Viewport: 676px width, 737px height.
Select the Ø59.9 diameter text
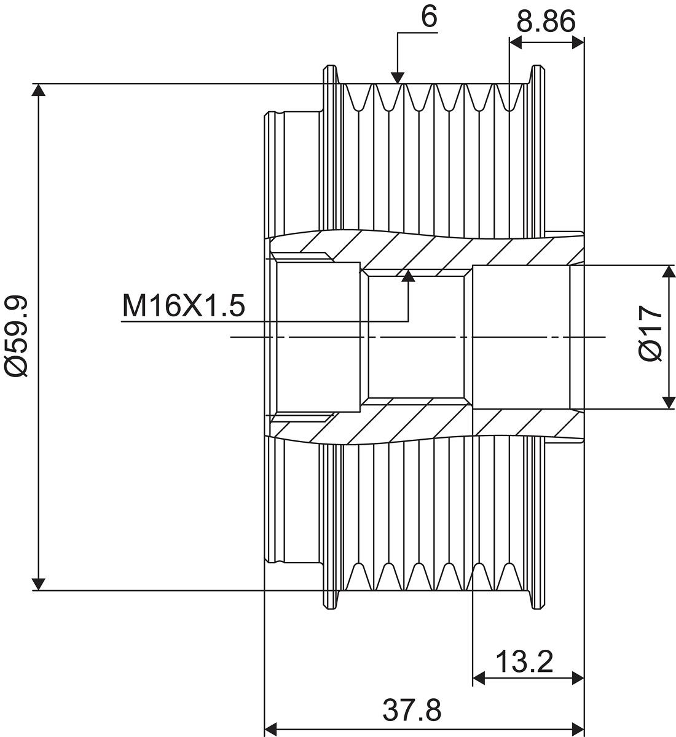(17, 336)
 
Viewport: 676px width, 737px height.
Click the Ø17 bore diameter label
(650, 333)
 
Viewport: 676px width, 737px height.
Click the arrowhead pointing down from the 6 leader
(398, 78)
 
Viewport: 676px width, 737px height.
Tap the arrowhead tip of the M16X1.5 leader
(408, 271)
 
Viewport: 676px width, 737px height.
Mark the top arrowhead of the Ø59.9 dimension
(39, 90)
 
